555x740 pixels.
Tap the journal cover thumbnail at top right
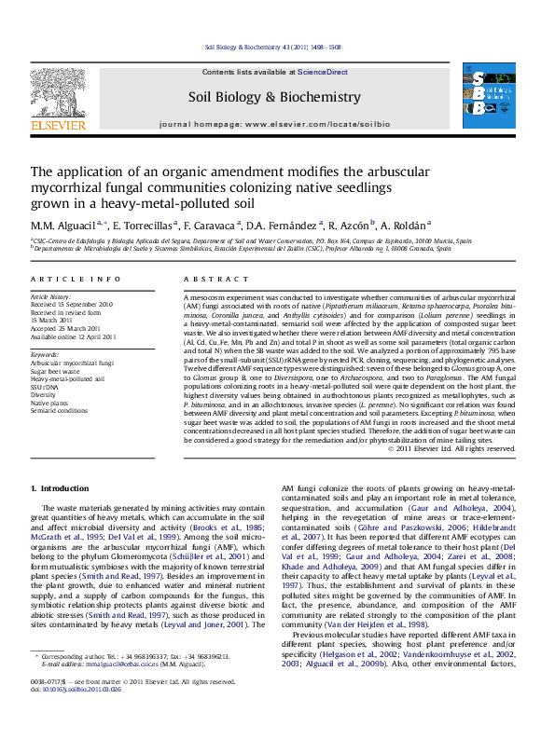pyautogui.click(x=489, y=96)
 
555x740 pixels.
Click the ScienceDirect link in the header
pyautogui.click(x=323, y=72)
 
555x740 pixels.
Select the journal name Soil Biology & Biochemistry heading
pyautogui.click(x=274, y=97)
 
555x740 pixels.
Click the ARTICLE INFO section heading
pyautogui.click(x=62, y=279)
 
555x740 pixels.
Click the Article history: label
pyautogui.click(x=52, y=296)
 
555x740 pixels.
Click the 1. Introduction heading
pyautogui.click(x=61, y=488)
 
